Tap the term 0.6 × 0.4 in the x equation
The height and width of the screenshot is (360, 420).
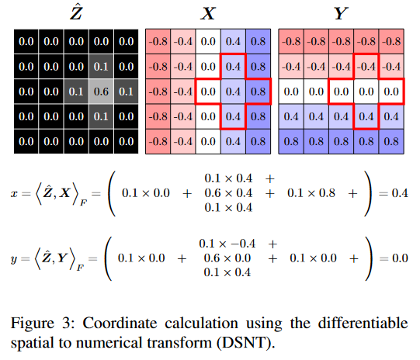tap(234, 192)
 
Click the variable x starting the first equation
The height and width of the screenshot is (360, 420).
tap(14, 192)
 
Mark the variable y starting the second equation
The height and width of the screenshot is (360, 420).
tap(14, 258)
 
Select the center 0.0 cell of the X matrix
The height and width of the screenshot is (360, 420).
tap(209, 91)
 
